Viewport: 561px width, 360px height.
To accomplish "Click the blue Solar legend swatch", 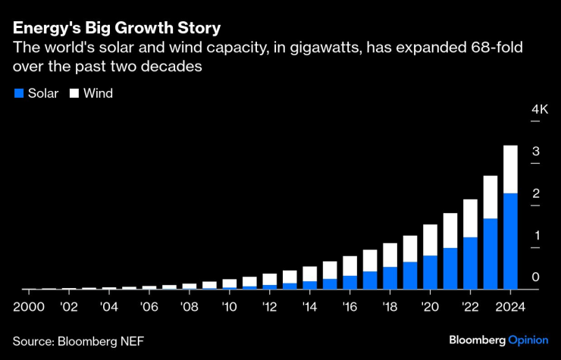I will point(19,93).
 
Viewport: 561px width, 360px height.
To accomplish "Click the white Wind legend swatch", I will point(74,93).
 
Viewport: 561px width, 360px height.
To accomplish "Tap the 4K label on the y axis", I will point(539,110).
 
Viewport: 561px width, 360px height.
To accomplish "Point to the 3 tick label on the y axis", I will point(535,152).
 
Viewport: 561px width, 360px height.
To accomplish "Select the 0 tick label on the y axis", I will point(535,277).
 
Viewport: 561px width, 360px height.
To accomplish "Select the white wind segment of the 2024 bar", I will point(510,169).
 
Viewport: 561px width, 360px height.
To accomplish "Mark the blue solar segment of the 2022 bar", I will point(470,263).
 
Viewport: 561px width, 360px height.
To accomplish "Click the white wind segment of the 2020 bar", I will point(430,239).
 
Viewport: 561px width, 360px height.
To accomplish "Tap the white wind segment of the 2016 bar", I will point(349,265).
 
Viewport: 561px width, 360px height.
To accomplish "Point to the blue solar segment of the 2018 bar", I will point(390,277).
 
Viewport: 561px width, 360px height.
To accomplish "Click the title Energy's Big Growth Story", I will point(117,29).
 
